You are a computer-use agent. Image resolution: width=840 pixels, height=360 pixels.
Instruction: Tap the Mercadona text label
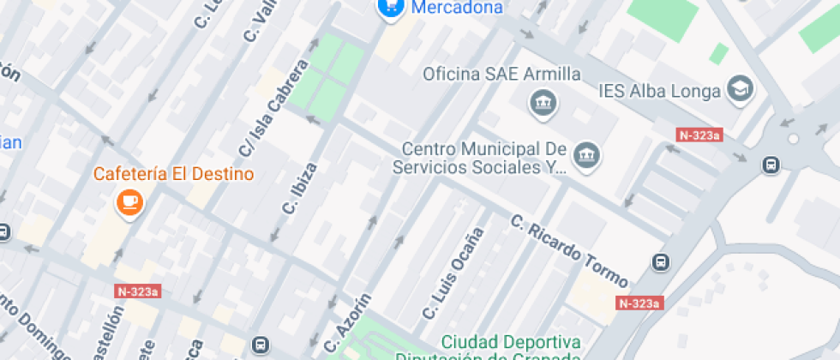click(x=457, y=9)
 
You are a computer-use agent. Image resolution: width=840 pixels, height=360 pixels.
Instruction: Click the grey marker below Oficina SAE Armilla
click(x=543, y=105)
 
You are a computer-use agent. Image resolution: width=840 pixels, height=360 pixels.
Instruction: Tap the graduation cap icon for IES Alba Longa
click(x=738, y=87)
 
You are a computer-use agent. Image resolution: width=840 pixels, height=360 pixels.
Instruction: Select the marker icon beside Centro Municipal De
click(x=587, y=155)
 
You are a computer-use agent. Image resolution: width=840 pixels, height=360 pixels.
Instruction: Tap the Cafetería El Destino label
click(x=174, y=174)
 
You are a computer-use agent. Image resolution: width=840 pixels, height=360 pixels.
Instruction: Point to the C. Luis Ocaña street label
click(x=455, y=273)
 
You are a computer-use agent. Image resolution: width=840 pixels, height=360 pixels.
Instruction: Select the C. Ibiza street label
click(x=300, y=189)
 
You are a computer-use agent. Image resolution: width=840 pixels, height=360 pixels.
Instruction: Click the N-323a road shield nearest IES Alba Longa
click(x=699, y=135)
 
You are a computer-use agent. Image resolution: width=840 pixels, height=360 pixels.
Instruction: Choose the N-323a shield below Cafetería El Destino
click(x=137, y=291)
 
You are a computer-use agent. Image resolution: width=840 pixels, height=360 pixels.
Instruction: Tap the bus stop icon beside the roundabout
click(x=771, y=164)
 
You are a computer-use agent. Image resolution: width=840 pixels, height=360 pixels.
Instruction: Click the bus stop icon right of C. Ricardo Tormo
click(x=661, y=262)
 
